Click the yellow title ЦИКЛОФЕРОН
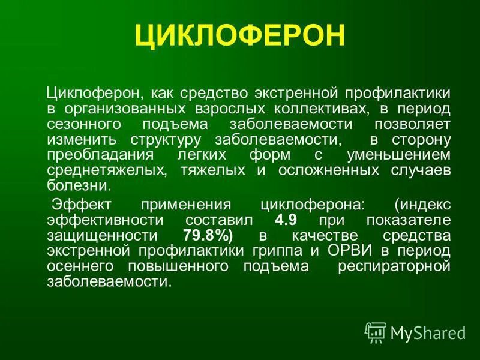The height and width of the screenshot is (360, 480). (240, 36)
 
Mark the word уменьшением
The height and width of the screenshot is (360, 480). (397, 155)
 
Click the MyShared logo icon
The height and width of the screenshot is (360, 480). (376, 332)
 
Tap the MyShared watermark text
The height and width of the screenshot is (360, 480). (428, 332)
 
